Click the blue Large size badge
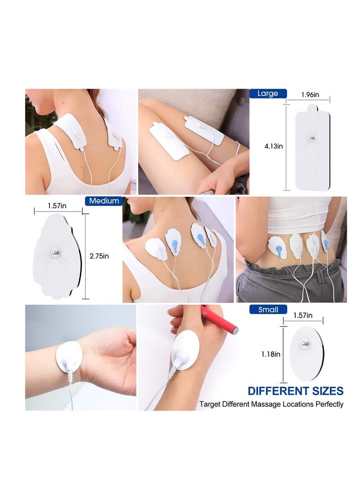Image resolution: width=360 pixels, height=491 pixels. [268, 93]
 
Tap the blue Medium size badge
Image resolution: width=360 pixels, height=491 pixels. [104, 201]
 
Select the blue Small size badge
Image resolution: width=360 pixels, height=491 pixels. [268, 309]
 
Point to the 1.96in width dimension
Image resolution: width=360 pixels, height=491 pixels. [310, 95]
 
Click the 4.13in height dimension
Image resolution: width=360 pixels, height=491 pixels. [274, 146]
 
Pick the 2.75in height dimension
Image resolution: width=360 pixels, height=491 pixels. [99, 256]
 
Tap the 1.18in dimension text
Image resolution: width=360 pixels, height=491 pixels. [271, 354]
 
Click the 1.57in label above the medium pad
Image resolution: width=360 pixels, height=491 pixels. [57, 206]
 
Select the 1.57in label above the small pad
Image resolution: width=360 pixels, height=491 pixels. [303, 315]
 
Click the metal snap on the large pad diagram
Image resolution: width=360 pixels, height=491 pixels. [312, 138]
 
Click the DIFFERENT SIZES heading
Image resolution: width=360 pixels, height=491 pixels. [296, 391]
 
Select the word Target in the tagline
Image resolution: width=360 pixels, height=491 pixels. [210, 404]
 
